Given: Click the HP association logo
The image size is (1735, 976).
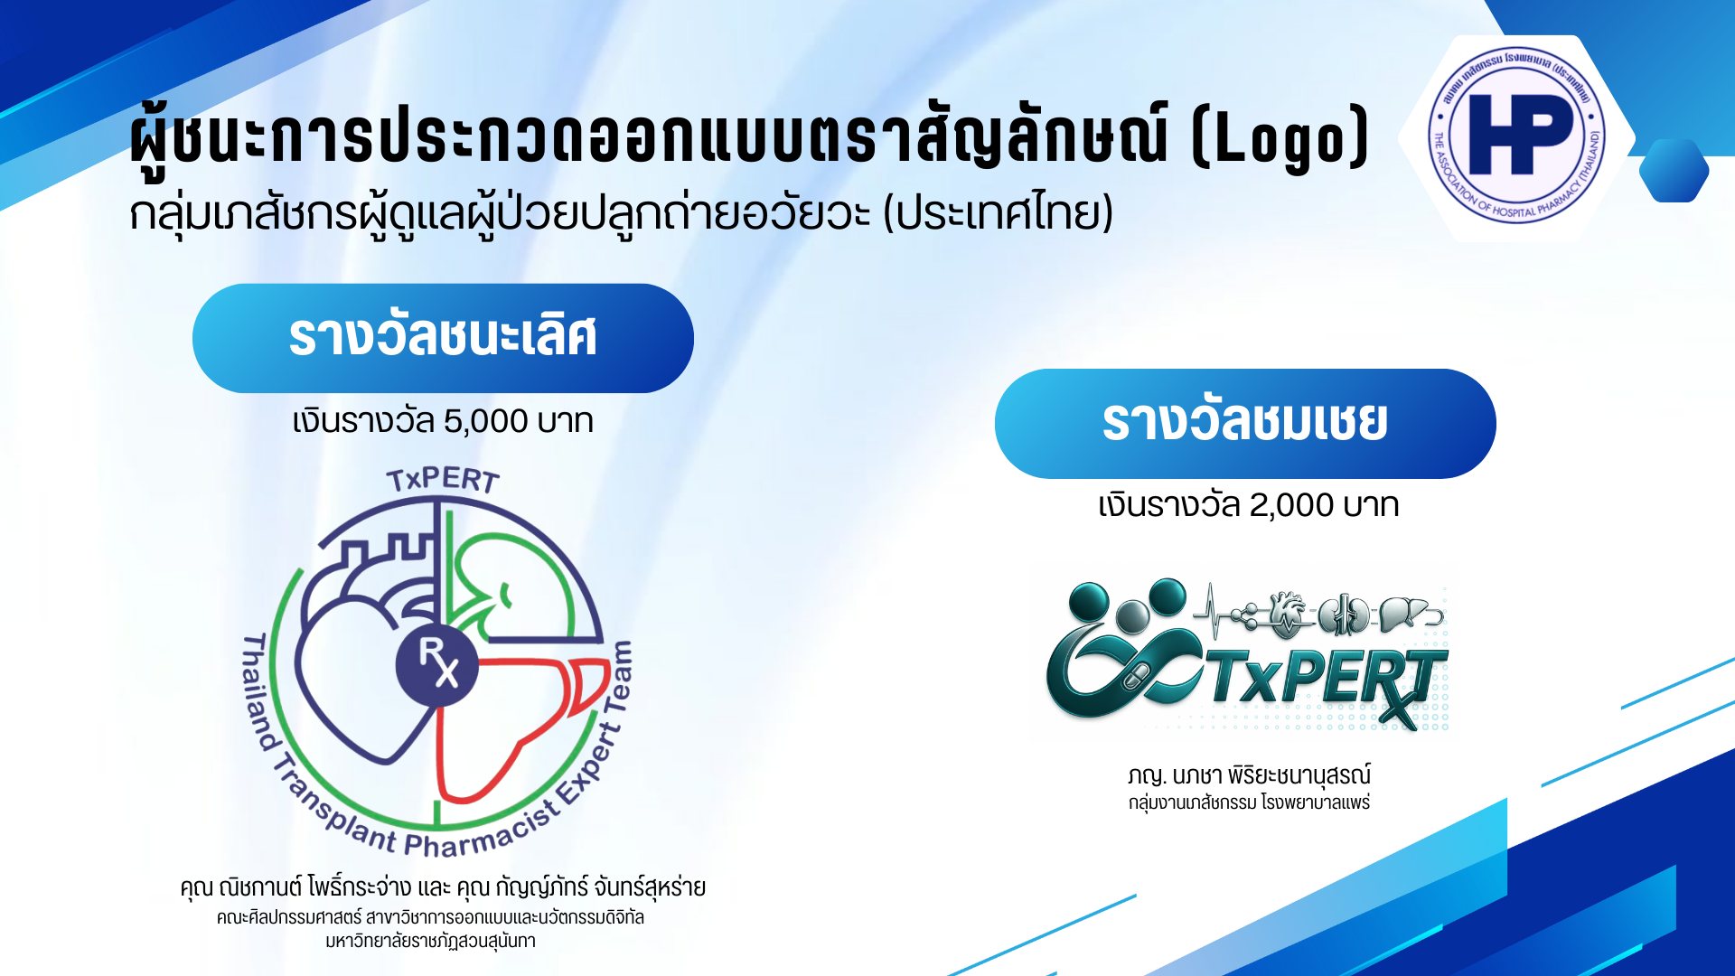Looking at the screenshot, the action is (x=1516, y=136).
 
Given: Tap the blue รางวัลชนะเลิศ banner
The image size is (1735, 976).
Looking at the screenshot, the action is (x=443, y=338).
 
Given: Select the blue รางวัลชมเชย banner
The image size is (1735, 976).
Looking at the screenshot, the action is (x=1245, y=423).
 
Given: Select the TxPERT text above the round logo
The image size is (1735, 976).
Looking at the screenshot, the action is (x=443, y=480).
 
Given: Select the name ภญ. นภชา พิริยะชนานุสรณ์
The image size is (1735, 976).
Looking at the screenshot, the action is (x=1249, y=775).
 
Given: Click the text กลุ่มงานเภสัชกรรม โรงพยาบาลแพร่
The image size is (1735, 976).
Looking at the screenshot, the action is (x=1249, y=802).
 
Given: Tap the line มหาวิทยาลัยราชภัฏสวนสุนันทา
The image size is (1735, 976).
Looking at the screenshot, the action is (x=430, y=942).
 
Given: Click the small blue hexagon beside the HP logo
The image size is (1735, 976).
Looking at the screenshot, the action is (x=1674, y=171).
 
